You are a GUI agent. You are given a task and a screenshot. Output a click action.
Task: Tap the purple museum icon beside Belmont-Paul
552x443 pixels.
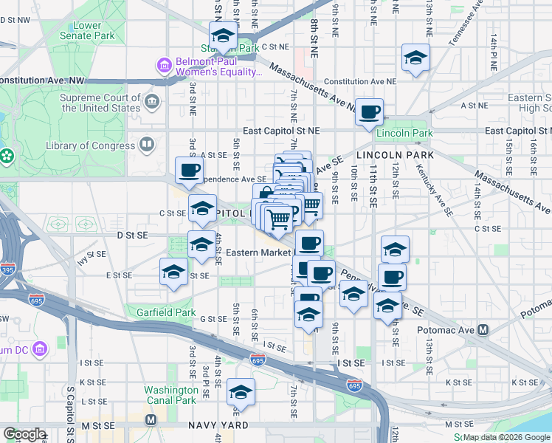pos(164,66)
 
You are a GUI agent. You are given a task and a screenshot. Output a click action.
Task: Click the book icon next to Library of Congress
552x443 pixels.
pos(147,145)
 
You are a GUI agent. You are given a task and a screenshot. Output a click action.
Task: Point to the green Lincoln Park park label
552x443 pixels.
pos(404,133)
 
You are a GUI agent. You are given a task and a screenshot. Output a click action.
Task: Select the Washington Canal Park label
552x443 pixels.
pos(170,395)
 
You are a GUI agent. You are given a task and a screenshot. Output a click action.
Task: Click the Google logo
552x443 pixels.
pos(24,434)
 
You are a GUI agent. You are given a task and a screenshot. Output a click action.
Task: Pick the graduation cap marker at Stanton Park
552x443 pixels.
pos(222,34)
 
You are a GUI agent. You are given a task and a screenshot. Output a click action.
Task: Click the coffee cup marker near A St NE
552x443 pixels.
pos(370,111)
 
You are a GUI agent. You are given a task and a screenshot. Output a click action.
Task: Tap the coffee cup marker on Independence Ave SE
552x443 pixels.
pos(189,170)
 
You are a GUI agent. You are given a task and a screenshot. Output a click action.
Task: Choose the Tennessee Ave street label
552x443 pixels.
pos(464,28)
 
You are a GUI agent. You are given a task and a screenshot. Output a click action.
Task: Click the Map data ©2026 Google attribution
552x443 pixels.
pos(506,437)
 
